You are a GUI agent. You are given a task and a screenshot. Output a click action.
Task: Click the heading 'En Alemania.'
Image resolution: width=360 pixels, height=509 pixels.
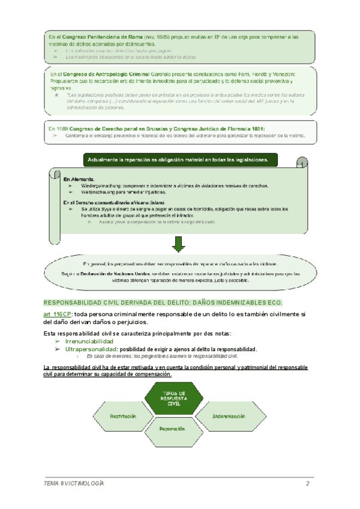coord(78,179)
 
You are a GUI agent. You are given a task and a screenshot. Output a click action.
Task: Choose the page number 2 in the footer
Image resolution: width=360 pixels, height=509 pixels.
coord(307,484)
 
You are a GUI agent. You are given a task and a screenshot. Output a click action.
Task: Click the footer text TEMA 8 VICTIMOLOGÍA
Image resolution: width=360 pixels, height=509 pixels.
coord(74,484)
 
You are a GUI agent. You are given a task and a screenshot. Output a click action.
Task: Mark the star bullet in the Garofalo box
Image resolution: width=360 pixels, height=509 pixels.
coord(55,95)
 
